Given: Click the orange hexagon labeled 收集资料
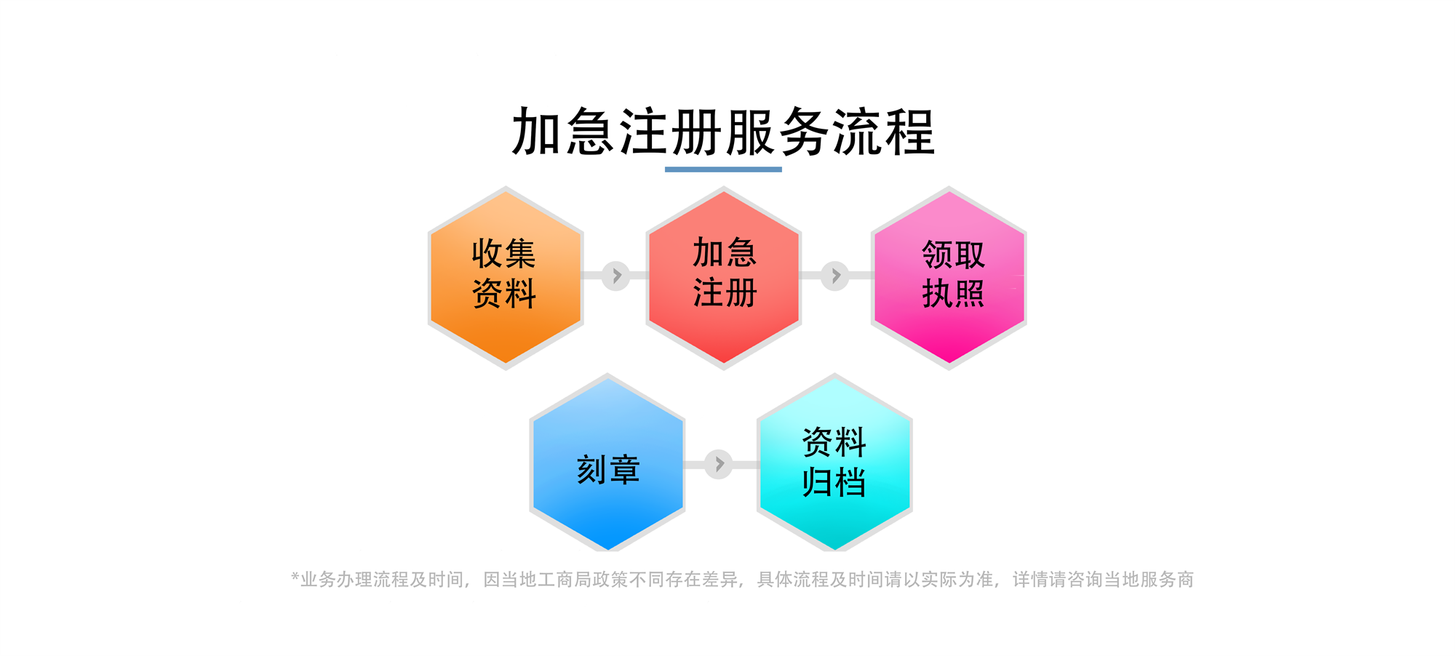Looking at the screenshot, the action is pyautogui.click(x=506, y=278).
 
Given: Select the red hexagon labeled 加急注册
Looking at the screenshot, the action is pyautogui.click(x=724, y=278).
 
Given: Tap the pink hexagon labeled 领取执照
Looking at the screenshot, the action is pyautogui.click(x=949, y=278).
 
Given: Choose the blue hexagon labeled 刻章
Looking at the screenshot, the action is pyautogui.click(x=607, y=464).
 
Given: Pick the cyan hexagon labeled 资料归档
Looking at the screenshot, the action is pyautogui.click(x=834, y=464).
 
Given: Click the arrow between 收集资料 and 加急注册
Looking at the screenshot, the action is pyautogui.click(x=616, y=276).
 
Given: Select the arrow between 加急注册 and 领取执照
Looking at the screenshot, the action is pyautogui.click(x=835, y=276).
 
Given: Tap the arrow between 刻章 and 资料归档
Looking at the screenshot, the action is pyautogui.click(x=719, y=464).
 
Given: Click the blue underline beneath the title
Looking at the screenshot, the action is pyautogui.click(x=723, y=169).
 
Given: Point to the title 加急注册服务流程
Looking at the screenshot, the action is pyautogui.click(x=723, y=132).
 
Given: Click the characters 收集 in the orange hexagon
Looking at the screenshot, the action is pyautogui.click(x=503, y=254).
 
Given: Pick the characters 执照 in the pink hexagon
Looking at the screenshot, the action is pyautogui.click(x=953, y=294).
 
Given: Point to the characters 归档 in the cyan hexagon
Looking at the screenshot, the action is pyautogui.click(x=834, y=482).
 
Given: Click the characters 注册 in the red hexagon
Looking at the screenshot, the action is pyautogui.click(x=725, y=292).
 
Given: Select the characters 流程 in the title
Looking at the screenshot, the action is pyautogui.click(x=883, y=132).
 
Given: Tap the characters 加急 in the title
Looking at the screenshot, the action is pyautogui.click(x=564, y=132).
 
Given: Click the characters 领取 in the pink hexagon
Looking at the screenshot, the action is pyautogui.click(x=953, y=255).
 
